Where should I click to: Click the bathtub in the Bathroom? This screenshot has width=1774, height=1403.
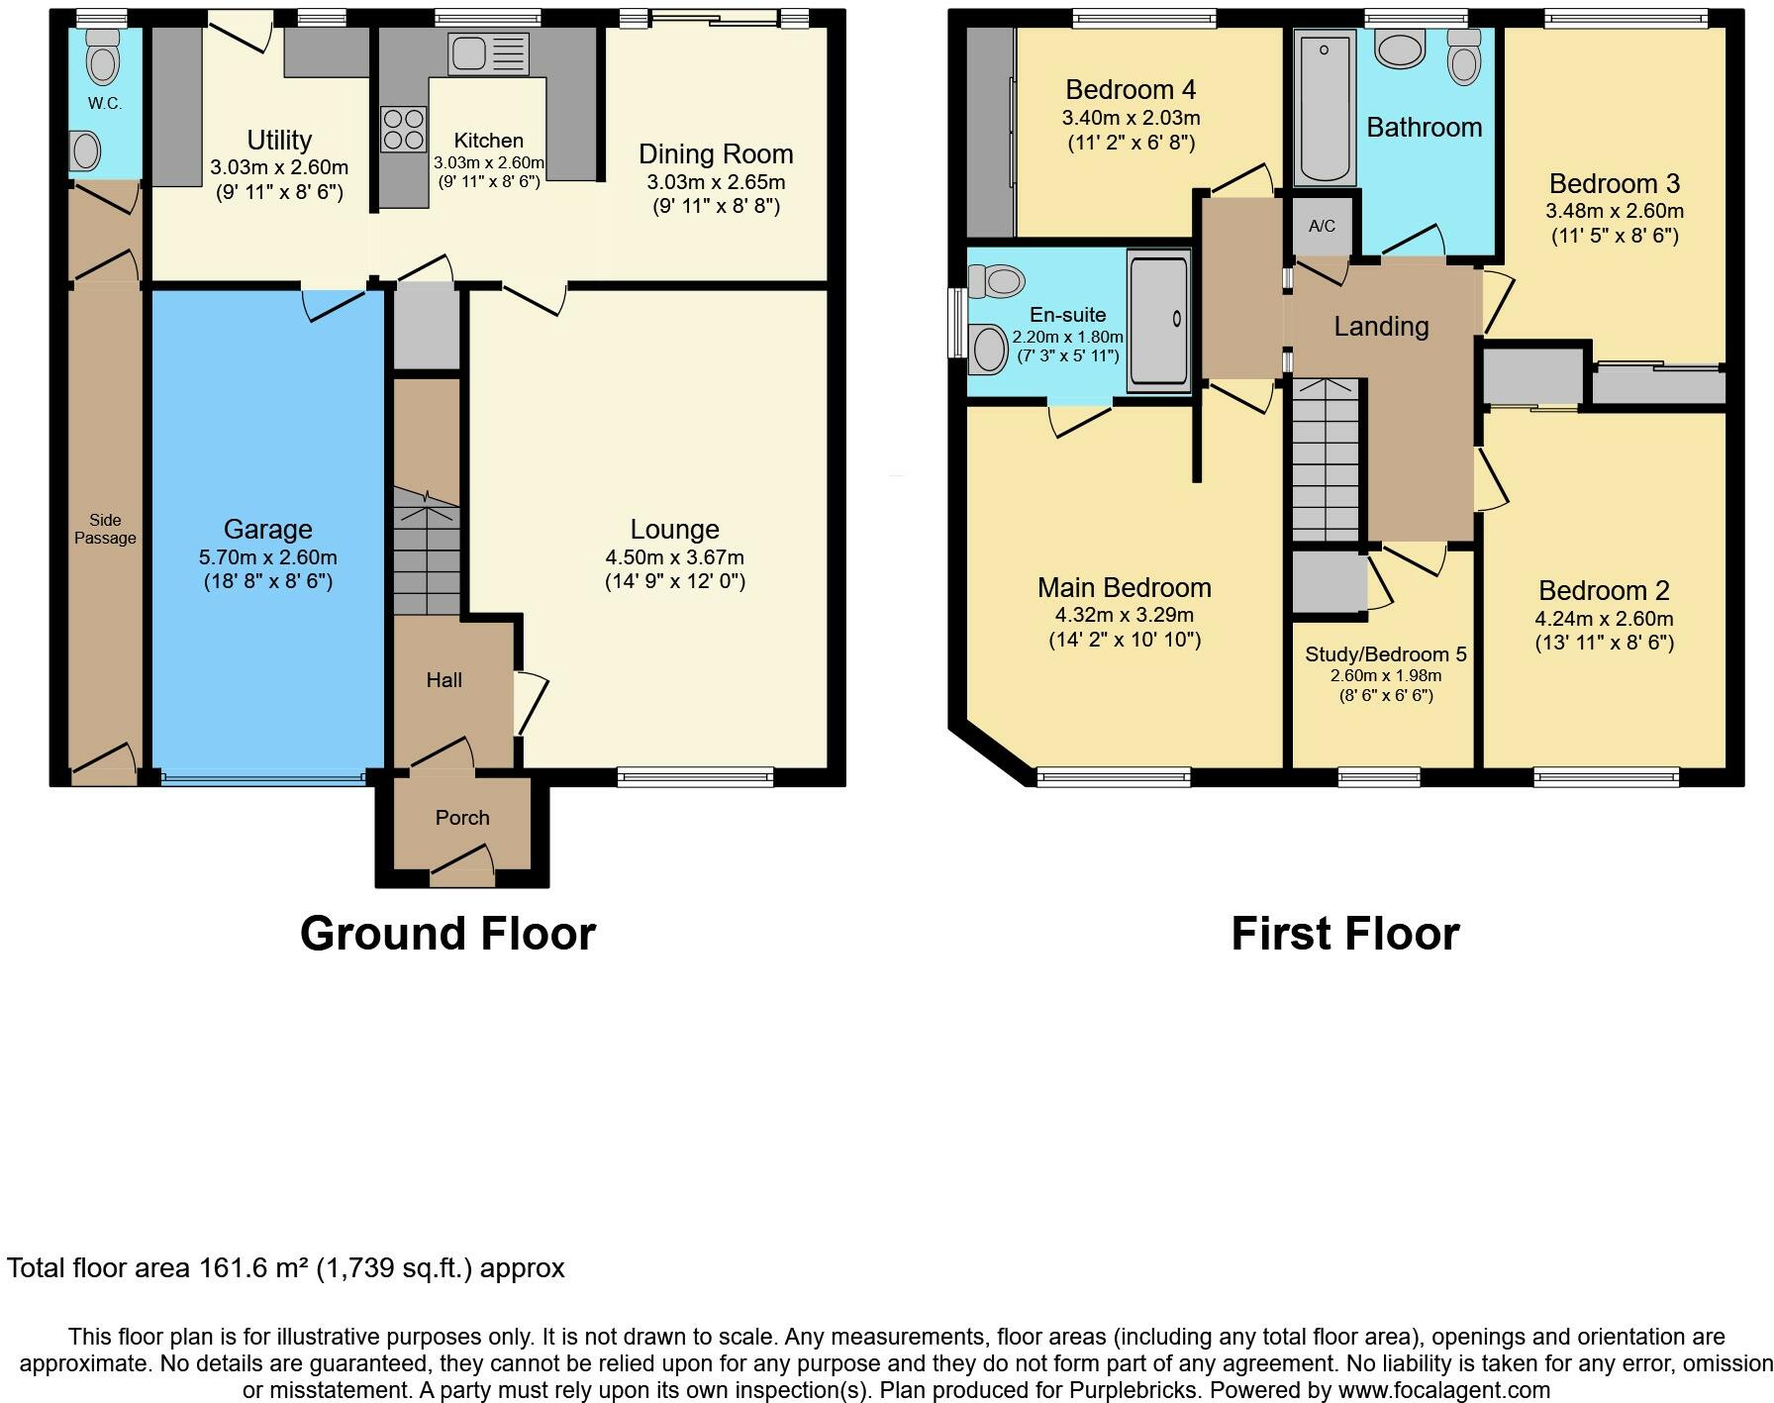(x=1324, y=107)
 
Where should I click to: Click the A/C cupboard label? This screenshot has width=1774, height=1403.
(x=1322, y=227)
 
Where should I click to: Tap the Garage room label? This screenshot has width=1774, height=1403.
(x=267, y=530)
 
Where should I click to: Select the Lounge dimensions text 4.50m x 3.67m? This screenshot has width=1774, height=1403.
(x=674, y=557)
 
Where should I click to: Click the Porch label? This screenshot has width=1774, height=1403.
(x=462, y=818)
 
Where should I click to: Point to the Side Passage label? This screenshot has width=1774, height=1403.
(x=105, y=529)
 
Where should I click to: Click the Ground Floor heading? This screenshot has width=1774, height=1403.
(x=447, y=934)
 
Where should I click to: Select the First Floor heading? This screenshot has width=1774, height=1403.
(x=1344, y=934)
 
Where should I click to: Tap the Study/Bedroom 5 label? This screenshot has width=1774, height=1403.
(x=1385, y=654)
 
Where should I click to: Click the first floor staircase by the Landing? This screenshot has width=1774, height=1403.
(x=1326, y=460)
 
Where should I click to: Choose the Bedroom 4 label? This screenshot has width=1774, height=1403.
(x=1131, y=90)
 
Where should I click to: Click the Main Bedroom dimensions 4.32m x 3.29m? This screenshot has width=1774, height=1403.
(x=1124, y=615)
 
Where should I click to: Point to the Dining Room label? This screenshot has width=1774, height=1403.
(x=715, y=154)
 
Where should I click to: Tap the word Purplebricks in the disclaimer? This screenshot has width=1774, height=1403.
(x=1133, y=1389)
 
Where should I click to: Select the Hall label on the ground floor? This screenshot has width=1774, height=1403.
(x=443, y=680)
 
